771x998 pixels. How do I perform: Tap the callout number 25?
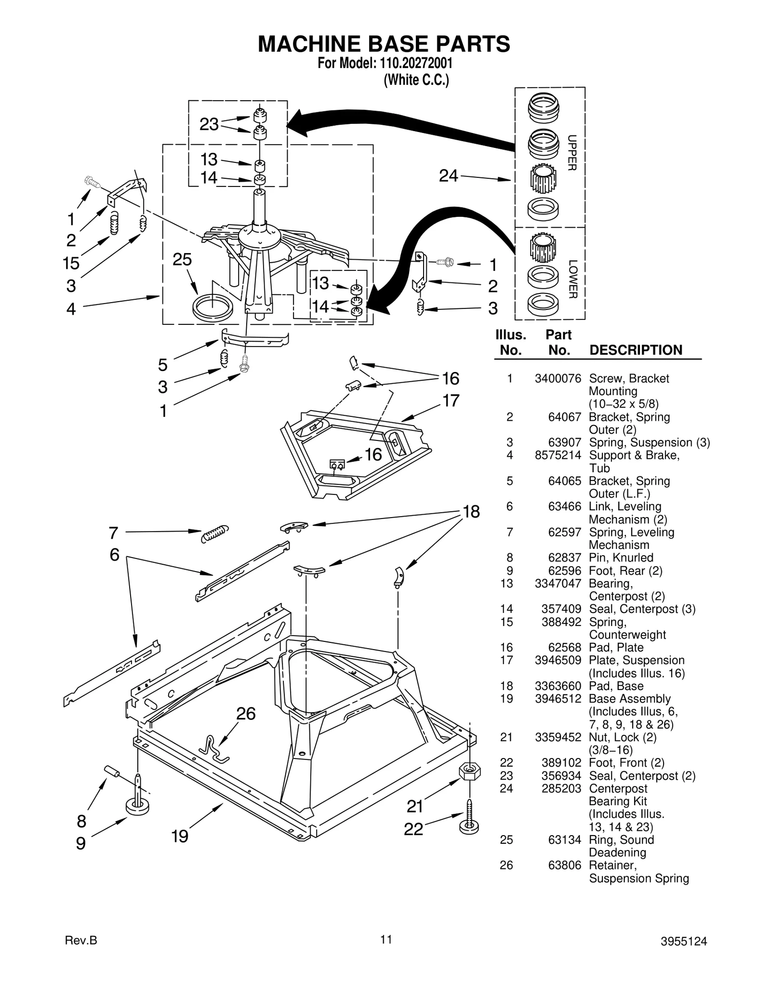(x=182, y=260)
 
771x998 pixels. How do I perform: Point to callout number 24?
(x=448, y=176)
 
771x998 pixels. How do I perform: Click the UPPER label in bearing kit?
(x=572, y=152)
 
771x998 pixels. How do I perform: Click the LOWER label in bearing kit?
(x=572, y=279)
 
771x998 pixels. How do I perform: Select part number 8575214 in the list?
(x=558, y=455)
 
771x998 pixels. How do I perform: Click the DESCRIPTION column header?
(x=636, y=350)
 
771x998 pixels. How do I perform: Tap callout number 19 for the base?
(x=180, y=836)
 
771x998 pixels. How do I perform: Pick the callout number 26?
(x=246, y=714)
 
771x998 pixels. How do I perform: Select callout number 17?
(x=451, y=400)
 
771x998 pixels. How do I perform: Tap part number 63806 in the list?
(x=565, y=865)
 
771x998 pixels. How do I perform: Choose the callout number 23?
(x=209, y=124)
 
